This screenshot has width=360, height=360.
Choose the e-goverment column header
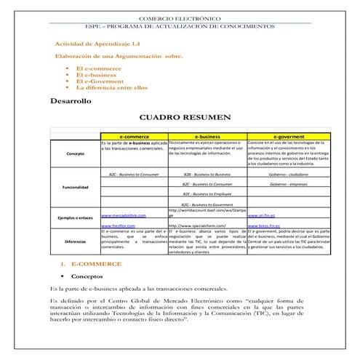[x=289, y=135]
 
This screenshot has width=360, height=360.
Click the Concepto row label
[x=75, y=154]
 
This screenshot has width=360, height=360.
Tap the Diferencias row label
[x=75, y=241]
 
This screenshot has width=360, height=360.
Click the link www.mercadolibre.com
[x=124, y=216]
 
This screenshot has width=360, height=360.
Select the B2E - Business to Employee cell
[x=207, y=194]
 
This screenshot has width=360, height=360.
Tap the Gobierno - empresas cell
[x=289, y=185]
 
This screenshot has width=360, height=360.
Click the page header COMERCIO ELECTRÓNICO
[x=180, y=16]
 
